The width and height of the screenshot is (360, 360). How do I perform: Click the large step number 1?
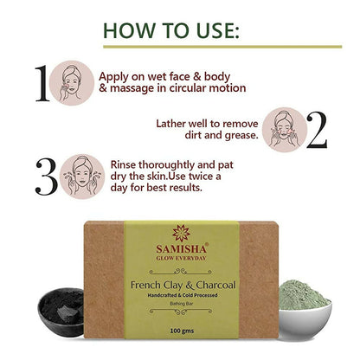tap(42, 83)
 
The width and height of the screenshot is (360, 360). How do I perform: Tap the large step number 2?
tap(317, 130)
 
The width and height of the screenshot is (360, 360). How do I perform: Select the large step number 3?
tap(47, 177)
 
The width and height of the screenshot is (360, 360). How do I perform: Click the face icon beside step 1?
tap(72, 83)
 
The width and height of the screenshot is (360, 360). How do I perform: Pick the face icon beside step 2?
tap(285, 130)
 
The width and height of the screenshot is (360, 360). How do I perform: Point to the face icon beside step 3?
tap(82, 177)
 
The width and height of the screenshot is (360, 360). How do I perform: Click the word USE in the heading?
tap(215, 30)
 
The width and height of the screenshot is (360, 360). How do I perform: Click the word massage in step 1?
tap(132, 88)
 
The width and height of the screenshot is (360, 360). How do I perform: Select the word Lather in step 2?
tap(170, 124)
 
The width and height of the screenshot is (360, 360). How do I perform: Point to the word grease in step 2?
tap(241, 135)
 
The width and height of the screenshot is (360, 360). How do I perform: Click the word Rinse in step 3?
tap(123, 165)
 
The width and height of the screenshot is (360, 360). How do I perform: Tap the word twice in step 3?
tap(201, 177)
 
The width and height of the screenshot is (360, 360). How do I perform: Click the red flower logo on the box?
tap(181, 233)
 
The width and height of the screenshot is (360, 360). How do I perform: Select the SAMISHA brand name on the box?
tap(181, 248)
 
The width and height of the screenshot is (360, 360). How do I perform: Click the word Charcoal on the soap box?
tap(215, 286)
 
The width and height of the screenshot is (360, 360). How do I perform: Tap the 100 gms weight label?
tap(182, 331)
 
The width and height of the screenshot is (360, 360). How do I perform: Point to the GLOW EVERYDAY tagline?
tap(181, 258)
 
